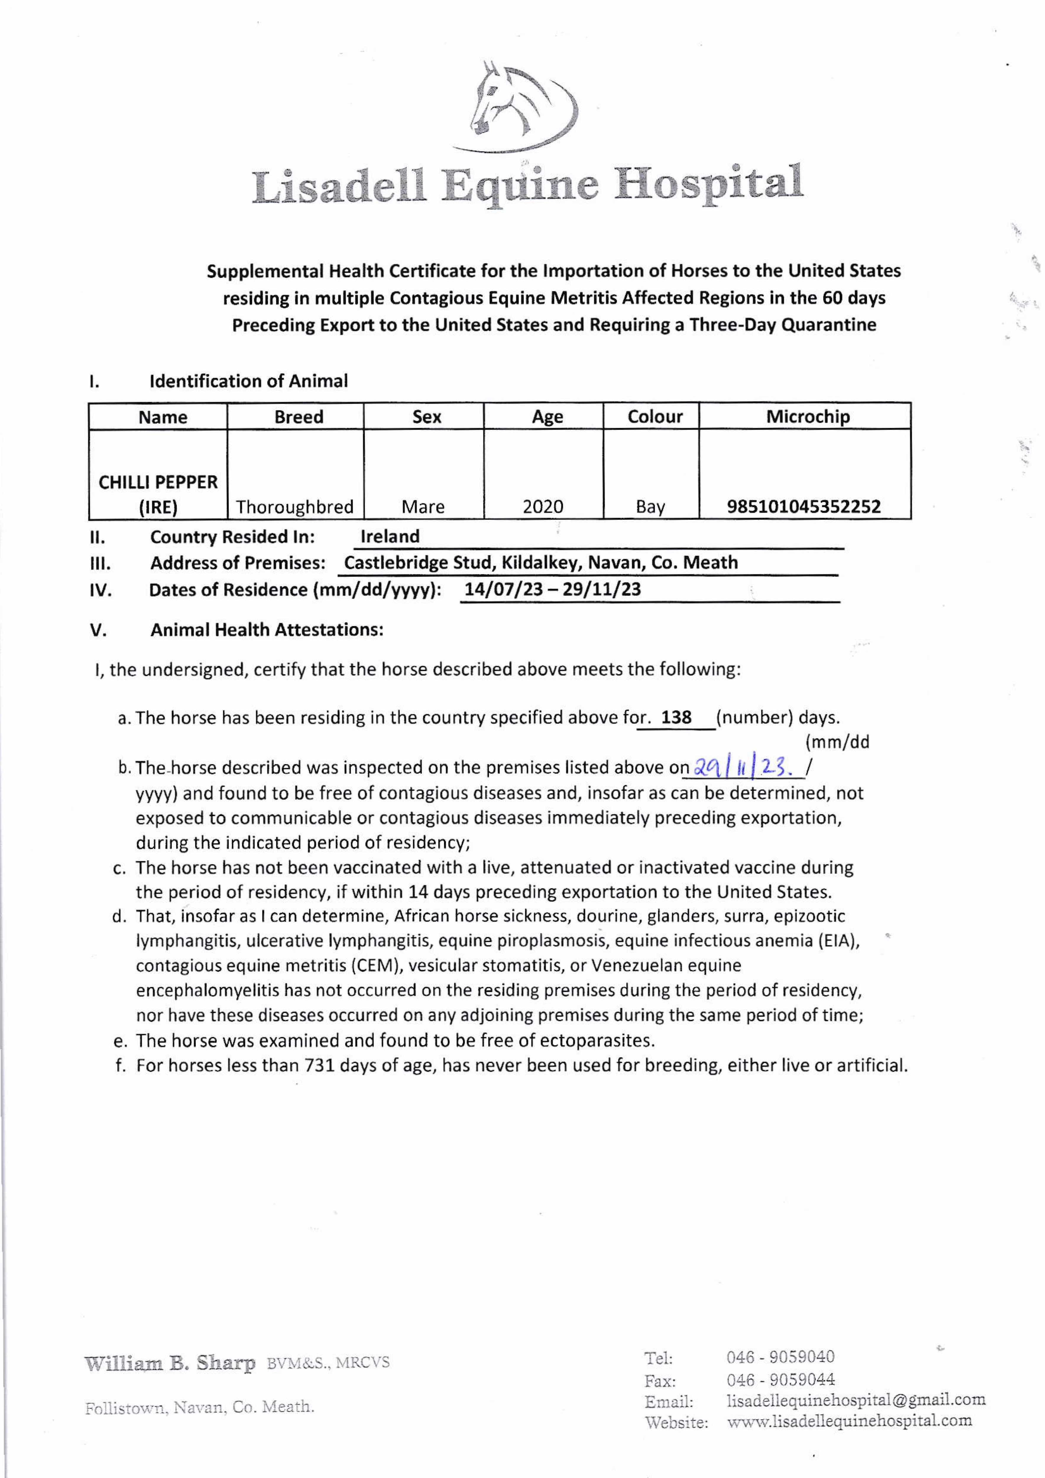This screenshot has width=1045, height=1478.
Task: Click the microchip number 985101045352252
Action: [803, 507]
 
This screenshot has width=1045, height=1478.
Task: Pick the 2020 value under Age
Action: [543, 507]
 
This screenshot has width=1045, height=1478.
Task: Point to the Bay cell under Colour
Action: [650, 507]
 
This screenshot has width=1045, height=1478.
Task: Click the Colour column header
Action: [655, 417]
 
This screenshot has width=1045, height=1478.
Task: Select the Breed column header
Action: [299, 417]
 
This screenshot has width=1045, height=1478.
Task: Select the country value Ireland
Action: [390, 536]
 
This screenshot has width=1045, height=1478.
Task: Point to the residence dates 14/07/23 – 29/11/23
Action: [553, 590]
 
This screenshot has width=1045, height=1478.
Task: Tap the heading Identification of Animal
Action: [249, 381]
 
